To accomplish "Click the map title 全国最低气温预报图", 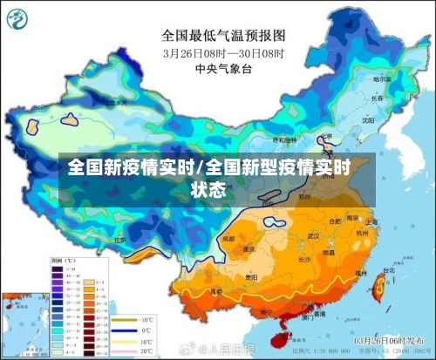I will [x=224, y=37].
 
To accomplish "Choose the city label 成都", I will [x=228, y=237].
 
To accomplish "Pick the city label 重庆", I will [x=250, y=248].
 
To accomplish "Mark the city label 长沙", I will [x=305, y=259].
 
